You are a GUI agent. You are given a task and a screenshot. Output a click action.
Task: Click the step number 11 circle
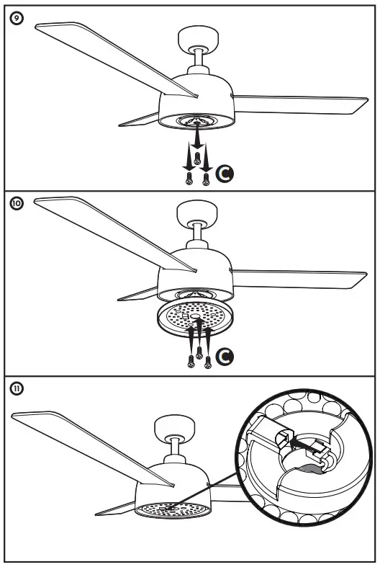coord(16,389)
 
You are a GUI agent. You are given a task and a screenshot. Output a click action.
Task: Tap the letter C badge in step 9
coord(225,174)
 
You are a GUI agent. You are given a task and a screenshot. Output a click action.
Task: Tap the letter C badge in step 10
coord(225,357)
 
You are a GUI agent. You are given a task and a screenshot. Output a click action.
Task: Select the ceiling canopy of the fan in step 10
coord(195,215)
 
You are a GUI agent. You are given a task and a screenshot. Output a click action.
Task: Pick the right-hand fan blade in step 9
coord(302,105)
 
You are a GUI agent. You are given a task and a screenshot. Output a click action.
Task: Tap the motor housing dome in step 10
coord(195,270)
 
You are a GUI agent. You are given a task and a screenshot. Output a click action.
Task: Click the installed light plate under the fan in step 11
coord(171,508)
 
